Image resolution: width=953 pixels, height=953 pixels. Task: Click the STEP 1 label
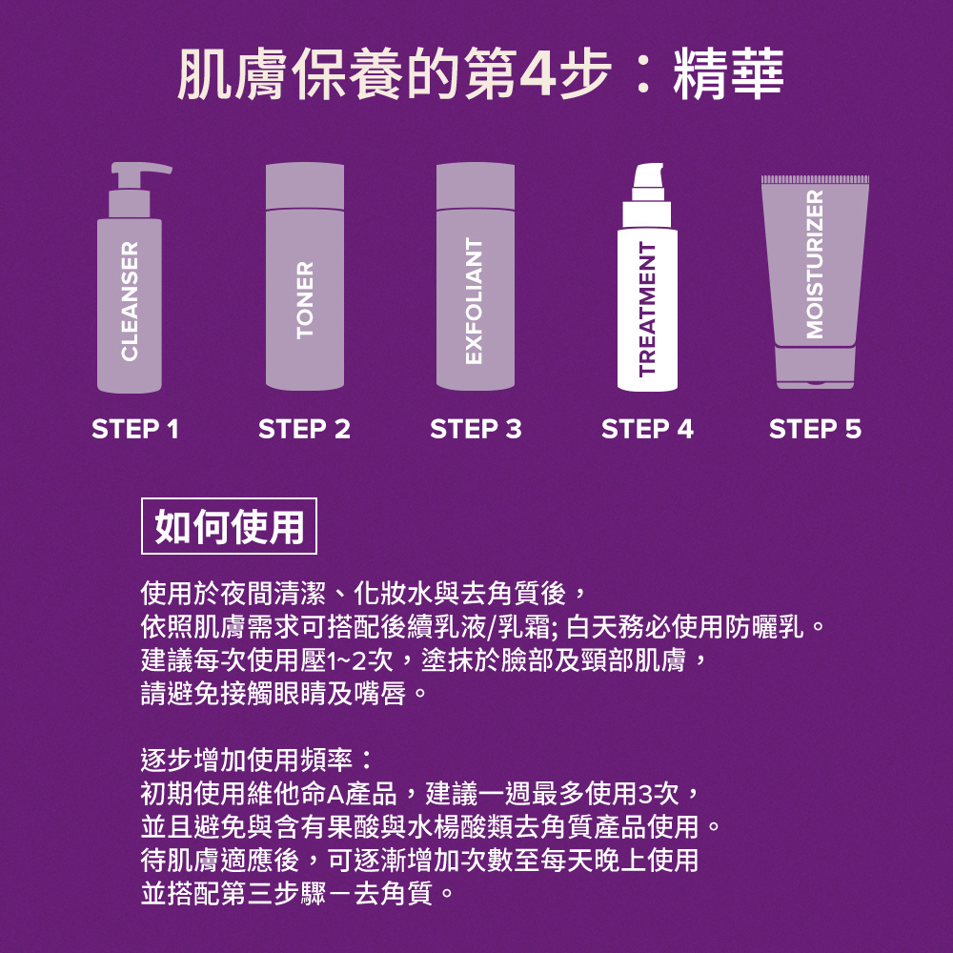click(134, 430)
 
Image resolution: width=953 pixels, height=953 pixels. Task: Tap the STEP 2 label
click(304, 430)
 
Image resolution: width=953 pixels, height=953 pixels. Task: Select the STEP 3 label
click(476, 430)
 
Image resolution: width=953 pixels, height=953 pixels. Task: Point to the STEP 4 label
click(647, 430)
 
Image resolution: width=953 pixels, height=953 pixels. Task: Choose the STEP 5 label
click(815, 430)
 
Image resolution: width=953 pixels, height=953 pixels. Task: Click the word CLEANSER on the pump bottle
click(130, 301)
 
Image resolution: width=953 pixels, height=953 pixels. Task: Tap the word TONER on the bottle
click(304, 301)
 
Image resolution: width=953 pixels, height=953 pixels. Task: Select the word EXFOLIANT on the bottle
click(474, 301)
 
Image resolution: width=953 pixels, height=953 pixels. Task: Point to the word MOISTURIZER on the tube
click(814, 263)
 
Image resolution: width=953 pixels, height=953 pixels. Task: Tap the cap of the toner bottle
click(304, 185)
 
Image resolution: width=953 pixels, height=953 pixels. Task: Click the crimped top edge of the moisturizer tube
click(815, 180)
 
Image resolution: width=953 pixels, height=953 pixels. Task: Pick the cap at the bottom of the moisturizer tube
click(815, 368)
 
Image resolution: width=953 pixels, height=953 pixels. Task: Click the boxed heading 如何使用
click(229, 525)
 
